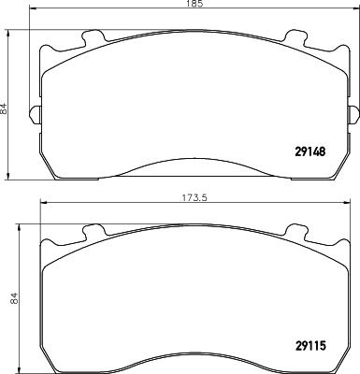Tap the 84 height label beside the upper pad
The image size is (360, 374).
(7, 109)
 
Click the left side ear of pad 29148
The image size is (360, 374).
(34, 115)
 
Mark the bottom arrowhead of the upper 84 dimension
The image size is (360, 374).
(10, 178)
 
